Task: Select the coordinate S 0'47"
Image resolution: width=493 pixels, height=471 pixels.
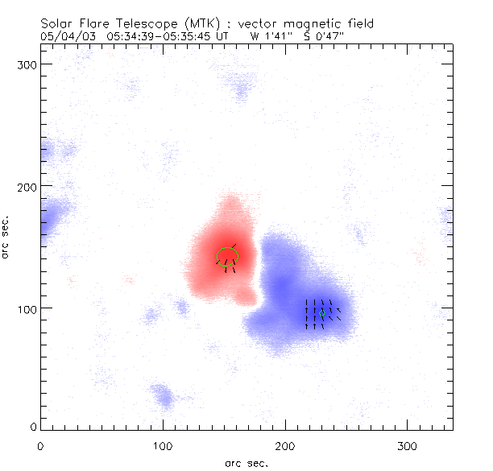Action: [322, 35]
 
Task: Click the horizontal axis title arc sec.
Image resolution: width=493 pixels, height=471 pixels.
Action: [246, 461]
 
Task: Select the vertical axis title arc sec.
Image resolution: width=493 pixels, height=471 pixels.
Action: [6, 236]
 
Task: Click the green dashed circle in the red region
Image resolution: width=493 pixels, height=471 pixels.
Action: [228, 257]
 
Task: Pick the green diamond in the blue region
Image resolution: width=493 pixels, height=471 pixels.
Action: [321, 314]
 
